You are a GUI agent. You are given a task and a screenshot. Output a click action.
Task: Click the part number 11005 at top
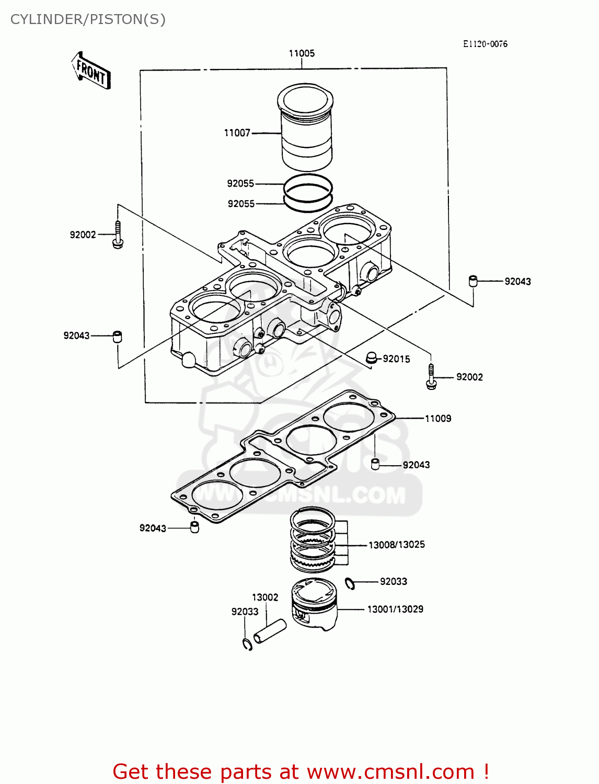pyautogui.click(x=302, y=53)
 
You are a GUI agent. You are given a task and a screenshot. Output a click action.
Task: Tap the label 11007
pyautogui.click(x=237, y=133)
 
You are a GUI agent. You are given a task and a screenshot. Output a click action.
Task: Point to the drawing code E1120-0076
pyautogui.click(x=485, y=44)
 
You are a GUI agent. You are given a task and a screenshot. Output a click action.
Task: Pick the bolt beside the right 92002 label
pyautogui.click(x=431, y=377)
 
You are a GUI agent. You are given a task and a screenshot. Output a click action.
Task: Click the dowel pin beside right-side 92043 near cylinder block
pyautogui.click(x=473, y=281)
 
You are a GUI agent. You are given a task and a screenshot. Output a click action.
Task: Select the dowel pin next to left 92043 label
pyautogui.click(x=118, y=336)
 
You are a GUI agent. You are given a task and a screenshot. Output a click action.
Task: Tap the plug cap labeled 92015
pyautogui.click(x=372, y=358)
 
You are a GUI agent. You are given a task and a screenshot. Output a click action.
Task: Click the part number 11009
pyautogui.click(x=437, y=419)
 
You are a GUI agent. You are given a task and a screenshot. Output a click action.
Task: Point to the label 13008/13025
pyautogui.click(x=396, y=545)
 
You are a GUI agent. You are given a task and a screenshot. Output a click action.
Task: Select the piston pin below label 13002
pyautogui.click(x=270, y=631)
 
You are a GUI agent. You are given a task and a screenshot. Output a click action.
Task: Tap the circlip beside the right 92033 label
pyautogui.click(x=350, y=583)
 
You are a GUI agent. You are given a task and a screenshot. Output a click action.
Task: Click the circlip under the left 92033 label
pyautogui.click(x=248, y=644)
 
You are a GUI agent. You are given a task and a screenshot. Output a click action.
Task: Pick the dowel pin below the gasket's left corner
pyautogui.click(x=194, y=527)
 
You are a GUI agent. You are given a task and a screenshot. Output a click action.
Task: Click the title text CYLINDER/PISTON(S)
pyautogui.click(x=88, y=19)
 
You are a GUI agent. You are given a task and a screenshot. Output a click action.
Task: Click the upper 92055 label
pyautogui.click(x=240, y=183)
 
